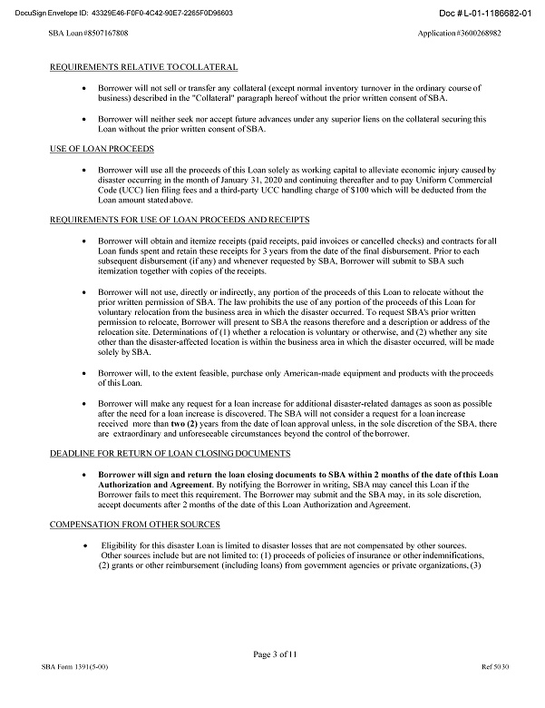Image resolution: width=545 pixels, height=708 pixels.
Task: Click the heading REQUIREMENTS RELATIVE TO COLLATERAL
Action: (x=143, y=67)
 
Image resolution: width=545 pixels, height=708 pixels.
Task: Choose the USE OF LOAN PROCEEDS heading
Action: (x=101, y=148)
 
